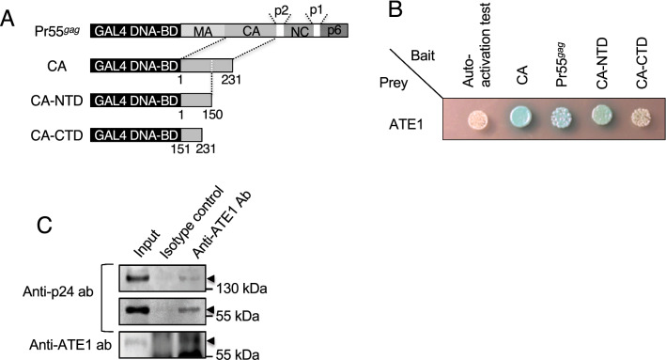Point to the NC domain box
coord(300,32)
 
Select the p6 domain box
coord(335,32)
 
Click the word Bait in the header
coord(425,56)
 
